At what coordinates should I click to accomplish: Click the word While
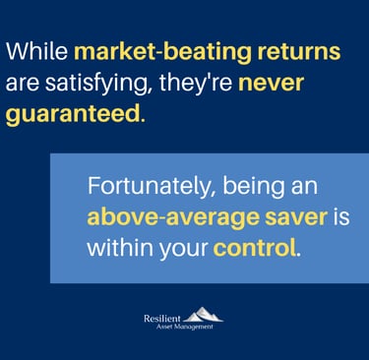(x=36, y=51)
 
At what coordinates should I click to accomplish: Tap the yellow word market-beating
(x=162, y=53)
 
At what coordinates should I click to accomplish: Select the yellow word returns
(x=299, y=52)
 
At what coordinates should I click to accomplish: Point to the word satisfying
(x=96, y=84)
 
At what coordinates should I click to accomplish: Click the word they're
(x=196, y=84)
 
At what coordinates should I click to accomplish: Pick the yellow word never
(x=271, y=85)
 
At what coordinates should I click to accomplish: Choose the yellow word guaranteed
(x=73, y=115)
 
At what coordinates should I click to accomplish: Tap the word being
(x=253, y=187)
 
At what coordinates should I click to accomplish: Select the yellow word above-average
(x=173, y=218)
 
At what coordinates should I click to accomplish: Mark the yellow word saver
(x=296, y=218)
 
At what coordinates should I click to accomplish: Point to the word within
(x=121, y=248)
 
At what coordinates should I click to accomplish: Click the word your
(x=184, y=250)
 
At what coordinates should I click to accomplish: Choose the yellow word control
(x=255, y=248)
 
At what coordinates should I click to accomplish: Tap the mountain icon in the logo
(x=203, y=314)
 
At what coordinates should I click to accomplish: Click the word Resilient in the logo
(x=162, y=319)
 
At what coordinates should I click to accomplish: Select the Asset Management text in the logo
(x=185, y=327)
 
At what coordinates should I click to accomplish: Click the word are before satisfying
(x=22, y=85)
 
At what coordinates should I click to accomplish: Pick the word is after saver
(x=341, y=217)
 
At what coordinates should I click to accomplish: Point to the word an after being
(x=304, y=189)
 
